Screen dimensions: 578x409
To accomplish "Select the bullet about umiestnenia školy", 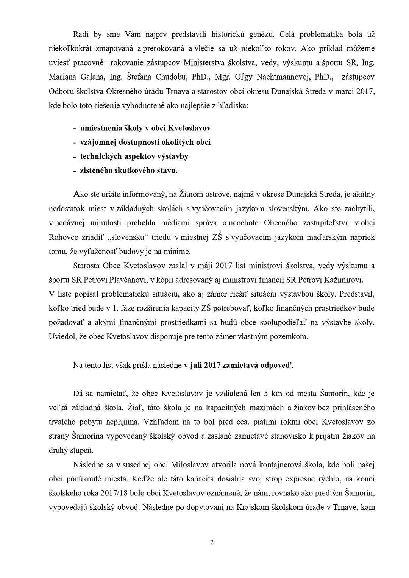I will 145,128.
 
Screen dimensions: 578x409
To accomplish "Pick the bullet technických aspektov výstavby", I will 134,156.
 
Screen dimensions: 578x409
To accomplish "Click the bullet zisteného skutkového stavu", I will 128,170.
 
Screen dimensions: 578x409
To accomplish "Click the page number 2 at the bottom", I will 212,542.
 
